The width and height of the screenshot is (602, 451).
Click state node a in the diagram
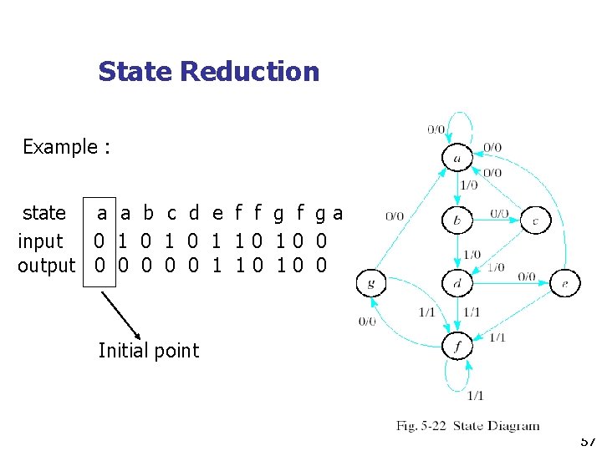coord(457,158)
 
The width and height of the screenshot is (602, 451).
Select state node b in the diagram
coord(457,220)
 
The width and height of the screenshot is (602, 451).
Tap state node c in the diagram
coord(535,220)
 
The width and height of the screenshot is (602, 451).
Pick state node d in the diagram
coord(457,283)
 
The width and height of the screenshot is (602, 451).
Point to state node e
coord(565,283)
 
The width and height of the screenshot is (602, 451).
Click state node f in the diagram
coord(457,346)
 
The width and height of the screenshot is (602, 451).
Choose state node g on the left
coord(371,283)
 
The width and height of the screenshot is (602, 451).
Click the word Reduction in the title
coord(249,72)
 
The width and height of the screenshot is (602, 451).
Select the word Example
coord(60,147)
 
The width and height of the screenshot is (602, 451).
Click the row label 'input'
coord(41,241)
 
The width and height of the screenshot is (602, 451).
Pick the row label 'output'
coord(47,266)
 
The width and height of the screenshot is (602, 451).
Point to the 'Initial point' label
coord(149,351)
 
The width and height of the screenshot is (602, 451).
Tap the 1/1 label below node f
coord(475,395)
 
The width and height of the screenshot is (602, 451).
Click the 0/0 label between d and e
coord(527,276)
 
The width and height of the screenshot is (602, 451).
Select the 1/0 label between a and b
coord(469,185)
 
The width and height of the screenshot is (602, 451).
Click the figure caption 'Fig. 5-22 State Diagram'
coord(467,426)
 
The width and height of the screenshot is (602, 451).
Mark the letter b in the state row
coord(148,213)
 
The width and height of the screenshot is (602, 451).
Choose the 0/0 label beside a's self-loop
coord(436,129)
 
